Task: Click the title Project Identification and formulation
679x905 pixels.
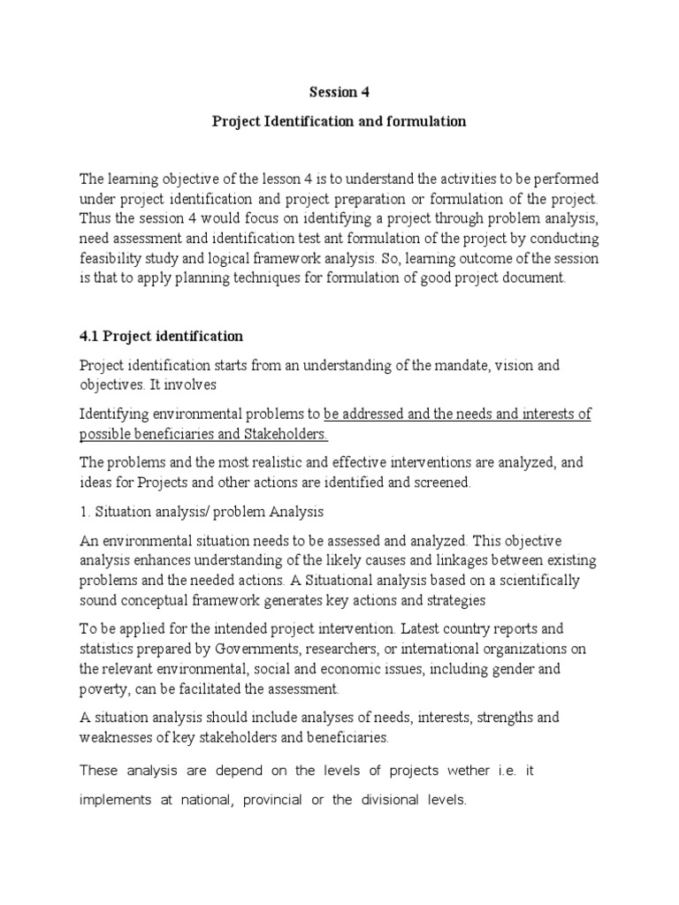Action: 339,121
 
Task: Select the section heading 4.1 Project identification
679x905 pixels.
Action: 161,337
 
